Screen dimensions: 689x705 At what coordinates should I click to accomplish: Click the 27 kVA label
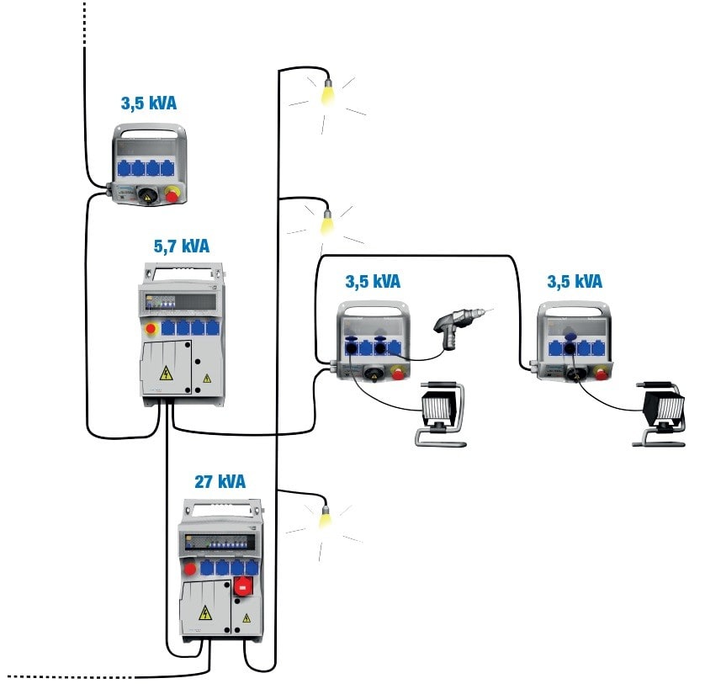220,482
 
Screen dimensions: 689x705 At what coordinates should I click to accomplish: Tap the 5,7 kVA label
181,246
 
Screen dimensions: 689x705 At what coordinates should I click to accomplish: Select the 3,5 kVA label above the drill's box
373,281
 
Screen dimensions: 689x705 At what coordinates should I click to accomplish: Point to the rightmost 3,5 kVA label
575,281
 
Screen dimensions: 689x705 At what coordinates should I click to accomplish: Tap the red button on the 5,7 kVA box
152,327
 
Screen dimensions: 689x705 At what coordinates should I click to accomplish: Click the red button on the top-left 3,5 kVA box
172,195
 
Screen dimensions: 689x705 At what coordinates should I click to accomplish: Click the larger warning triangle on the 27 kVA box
204,612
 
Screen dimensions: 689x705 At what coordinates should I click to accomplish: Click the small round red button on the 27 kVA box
190,569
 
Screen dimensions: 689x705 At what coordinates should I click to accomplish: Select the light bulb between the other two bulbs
326,222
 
